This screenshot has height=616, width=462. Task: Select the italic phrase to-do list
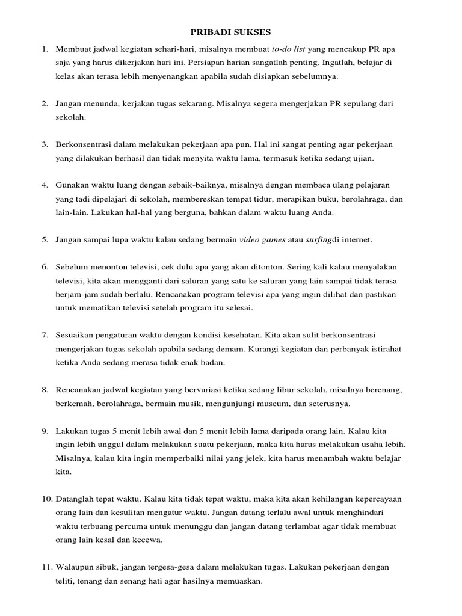click(289, 49)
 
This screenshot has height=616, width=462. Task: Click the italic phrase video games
click(262, 240)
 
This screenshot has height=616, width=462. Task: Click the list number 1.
click(45, 49)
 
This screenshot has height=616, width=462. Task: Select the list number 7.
click(45, 334)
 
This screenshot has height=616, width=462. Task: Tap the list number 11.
click(47, 567)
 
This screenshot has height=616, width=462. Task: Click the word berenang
click(376, 390)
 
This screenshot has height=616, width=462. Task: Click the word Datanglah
click(76, 499)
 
